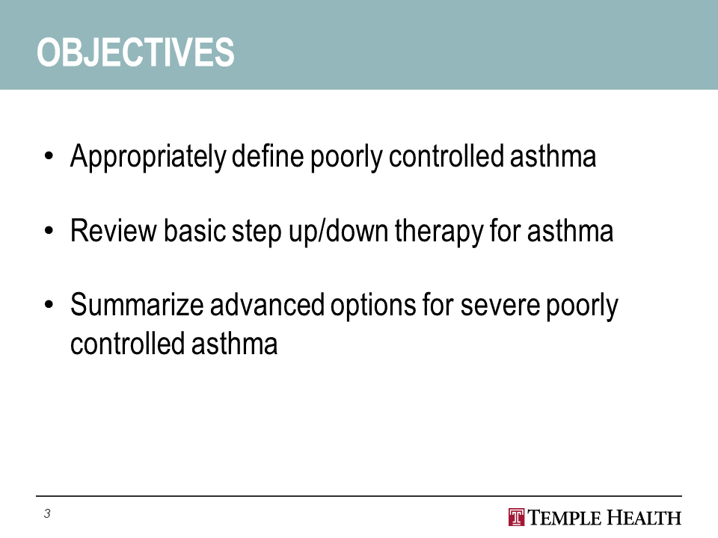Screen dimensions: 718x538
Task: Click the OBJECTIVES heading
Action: pyautogui.click(x=135, y=52)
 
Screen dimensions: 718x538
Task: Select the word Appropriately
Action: pyautogui.click(x=148, y=157)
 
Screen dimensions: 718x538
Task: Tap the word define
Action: pyautogui.click(x=268, y=156)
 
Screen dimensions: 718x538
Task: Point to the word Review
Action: pyautogui.click(x=113, y=231)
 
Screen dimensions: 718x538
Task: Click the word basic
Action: pyautogui.click(x=194, y=231)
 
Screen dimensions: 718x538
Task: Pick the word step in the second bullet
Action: pyautogui.click(x=257, y=232)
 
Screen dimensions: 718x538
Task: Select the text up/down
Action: pyautogui.click(x=338, y=232)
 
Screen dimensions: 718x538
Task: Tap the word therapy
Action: pyautogui.click(x=439, y=232)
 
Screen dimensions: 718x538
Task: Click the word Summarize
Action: pyautogui.click(x=137, y=305)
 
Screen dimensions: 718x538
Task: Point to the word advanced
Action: pyautogui.click(x=267, y=305)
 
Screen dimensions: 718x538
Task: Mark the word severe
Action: pyautogui.click(x=500, y=306)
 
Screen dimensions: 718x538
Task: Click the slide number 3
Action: pyautogui.click(x=47, y=514)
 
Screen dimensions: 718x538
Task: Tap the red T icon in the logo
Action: pyautogui.click(x=517, y=517)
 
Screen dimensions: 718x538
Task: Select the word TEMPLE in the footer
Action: pyautogui.click(x=565, y=518)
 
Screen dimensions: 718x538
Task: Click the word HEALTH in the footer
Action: pyautogui.click(x=644, y=518)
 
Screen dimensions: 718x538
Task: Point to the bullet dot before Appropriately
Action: pyautogui.click(x=49, y=156)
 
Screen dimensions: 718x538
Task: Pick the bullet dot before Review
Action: pyautogui.click(x=49, y=231)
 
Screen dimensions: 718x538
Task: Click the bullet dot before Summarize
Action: pyautogui.click(x=49, y=305)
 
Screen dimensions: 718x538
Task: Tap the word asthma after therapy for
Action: pyautogui.click(x=570, y=231)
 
